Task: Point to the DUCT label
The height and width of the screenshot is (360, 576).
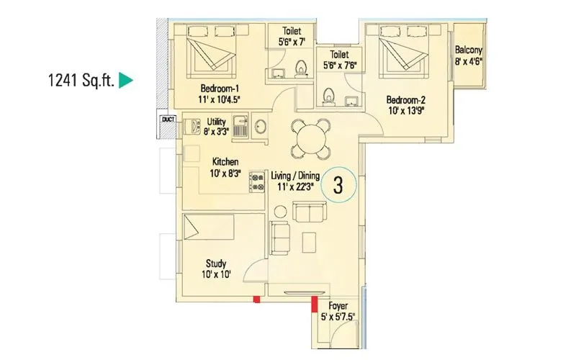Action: (168, 120)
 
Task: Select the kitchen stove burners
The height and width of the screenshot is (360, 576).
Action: (257, 181)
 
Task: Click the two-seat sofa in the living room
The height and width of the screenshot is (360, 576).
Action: (310, 213)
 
